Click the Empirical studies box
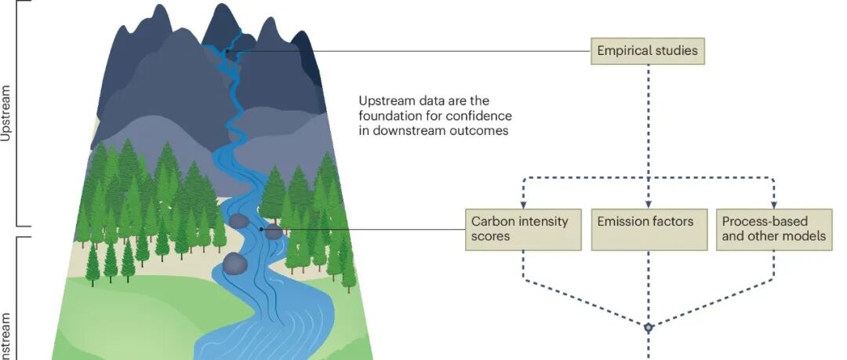click(648, 52)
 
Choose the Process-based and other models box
click(773, 229)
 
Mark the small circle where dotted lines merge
click(649, 328)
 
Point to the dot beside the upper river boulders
click(283, 229)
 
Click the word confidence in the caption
click(478, 116)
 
